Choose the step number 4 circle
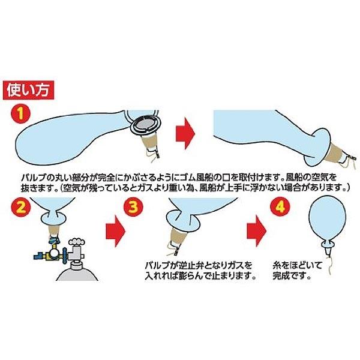[x=278, y=207]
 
